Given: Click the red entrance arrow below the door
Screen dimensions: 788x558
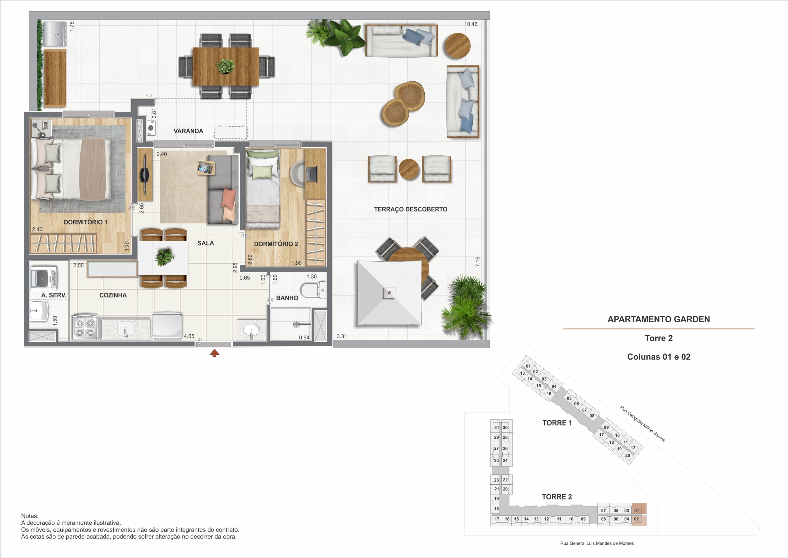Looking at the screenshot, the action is click(215, 353).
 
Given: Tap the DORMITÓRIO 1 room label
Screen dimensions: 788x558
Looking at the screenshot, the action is click(86, 222).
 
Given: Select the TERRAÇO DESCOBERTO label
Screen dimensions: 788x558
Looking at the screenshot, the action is click(411, 209).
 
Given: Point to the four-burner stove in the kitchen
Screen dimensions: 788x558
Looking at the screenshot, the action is click(84, 328).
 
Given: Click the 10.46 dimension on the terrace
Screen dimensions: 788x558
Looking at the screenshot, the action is click(471, 24).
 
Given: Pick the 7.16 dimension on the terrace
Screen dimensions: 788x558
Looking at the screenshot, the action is click(477, 262).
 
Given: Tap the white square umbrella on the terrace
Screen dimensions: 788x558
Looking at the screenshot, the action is click(389, 293).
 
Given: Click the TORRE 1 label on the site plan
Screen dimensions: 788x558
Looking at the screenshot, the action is click(557, 423).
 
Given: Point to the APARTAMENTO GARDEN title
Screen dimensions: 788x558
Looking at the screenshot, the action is click(659, 319).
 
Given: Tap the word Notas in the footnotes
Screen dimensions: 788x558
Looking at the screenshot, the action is click(30, 516).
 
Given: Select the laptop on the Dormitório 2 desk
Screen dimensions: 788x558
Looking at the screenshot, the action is click(312, 173).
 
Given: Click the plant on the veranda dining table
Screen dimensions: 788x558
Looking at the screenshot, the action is click(226, 66).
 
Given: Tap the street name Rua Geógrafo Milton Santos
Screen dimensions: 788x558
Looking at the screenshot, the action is click(642, 424).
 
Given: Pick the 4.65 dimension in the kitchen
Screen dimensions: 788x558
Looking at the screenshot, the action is click(189, 336).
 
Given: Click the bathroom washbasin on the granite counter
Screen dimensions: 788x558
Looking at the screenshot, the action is click(252, 330).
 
